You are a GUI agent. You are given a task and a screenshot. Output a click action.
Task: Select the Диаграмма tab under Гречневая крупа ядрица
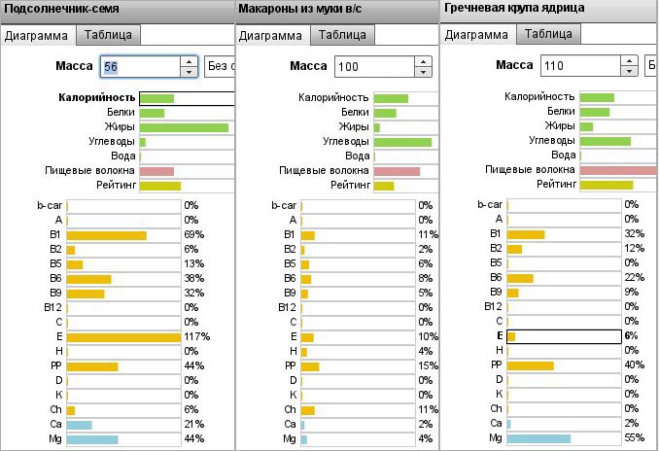477,34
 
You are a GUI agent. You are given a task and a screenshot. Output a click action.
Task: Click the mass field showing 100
372,67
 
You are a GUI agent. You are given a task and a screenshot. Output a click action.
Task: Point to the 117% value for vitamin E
195,336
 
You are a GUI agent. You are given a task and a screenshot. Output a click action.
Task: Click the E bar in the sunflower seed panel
123,336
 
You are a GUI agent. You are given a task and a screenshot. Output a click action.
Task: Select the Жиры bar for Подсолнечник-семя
184,127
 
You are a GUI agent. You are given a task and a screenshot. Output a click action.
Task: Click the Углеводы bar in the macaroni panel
402,142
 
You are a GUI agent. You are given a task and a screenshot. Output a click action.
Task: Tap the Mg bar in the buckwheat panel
538,438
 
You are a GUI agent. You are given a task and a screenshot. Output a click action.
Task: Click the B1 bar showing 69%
106,235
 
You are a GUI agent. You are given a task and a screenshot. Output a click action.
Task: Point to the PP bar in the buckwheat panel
530,365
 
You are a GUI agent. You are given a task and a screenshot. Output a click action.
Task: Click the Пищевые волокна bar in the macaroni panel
397,171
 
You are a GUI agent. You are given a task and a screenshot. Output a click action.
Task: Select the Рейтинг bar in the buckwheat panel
606,185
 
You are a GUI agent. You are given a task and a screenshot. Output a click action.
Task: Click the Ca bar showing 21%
79,425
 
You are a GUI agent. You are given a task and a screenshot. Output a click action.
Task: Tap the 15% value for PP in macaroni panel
425,365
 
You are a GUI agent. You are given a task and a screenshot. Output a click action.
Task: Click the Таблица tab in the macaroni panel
343,34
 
